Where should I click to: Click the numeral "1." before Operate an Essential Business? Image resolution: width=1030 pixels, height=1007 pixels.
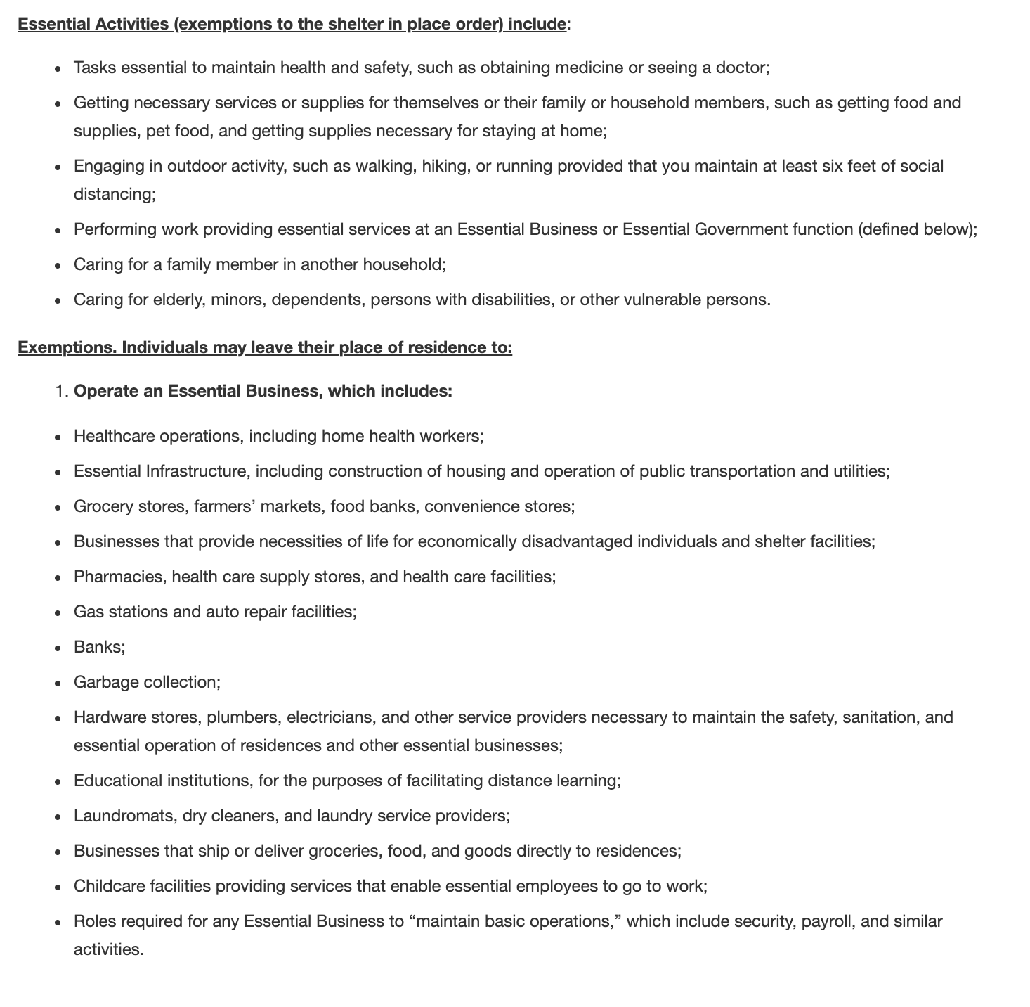62,391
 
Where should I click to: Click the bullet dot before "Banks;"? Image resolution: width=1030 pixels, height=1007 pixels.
58,648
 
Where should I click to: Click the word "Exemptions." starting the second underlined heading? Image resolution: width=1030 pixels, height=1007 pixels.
67,348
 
